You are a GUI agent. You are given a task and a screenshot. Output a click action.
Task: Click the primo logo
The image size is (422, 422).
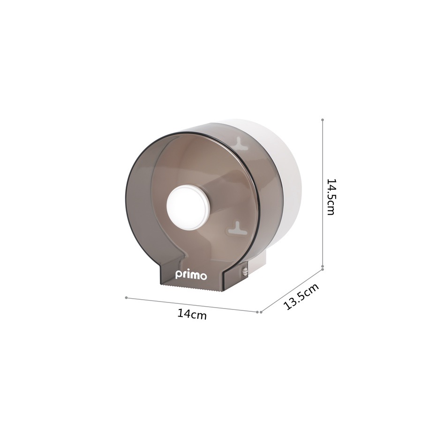click(x=191, y=275)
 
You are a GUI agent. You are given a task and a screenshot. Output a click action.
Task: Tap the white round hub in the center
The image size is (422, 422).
click(x=188, y=208)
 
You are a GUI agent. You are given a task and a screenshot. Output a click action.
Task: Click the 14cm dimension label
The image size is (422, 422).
click(x=192, y=314)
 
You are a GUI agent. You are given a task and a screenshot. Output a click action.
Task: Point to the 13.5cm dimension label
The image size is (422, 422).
click(x=301, y=296)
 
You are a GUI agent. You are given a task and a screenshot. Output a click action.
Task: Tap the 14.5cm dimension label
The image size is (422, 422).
click(x=331, y=197)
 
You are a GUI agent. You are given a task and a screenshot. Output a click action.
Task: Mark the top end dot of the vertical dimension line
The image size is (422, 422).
click(x=323, y=120)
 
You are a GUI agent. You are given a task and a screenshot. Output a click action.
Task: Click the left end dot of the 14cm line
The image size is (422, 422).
click(x=126, y=297)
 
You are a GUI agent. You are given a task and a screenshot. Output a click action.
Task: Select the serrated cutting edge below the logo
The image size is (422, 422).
click(x=192, y=288)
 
